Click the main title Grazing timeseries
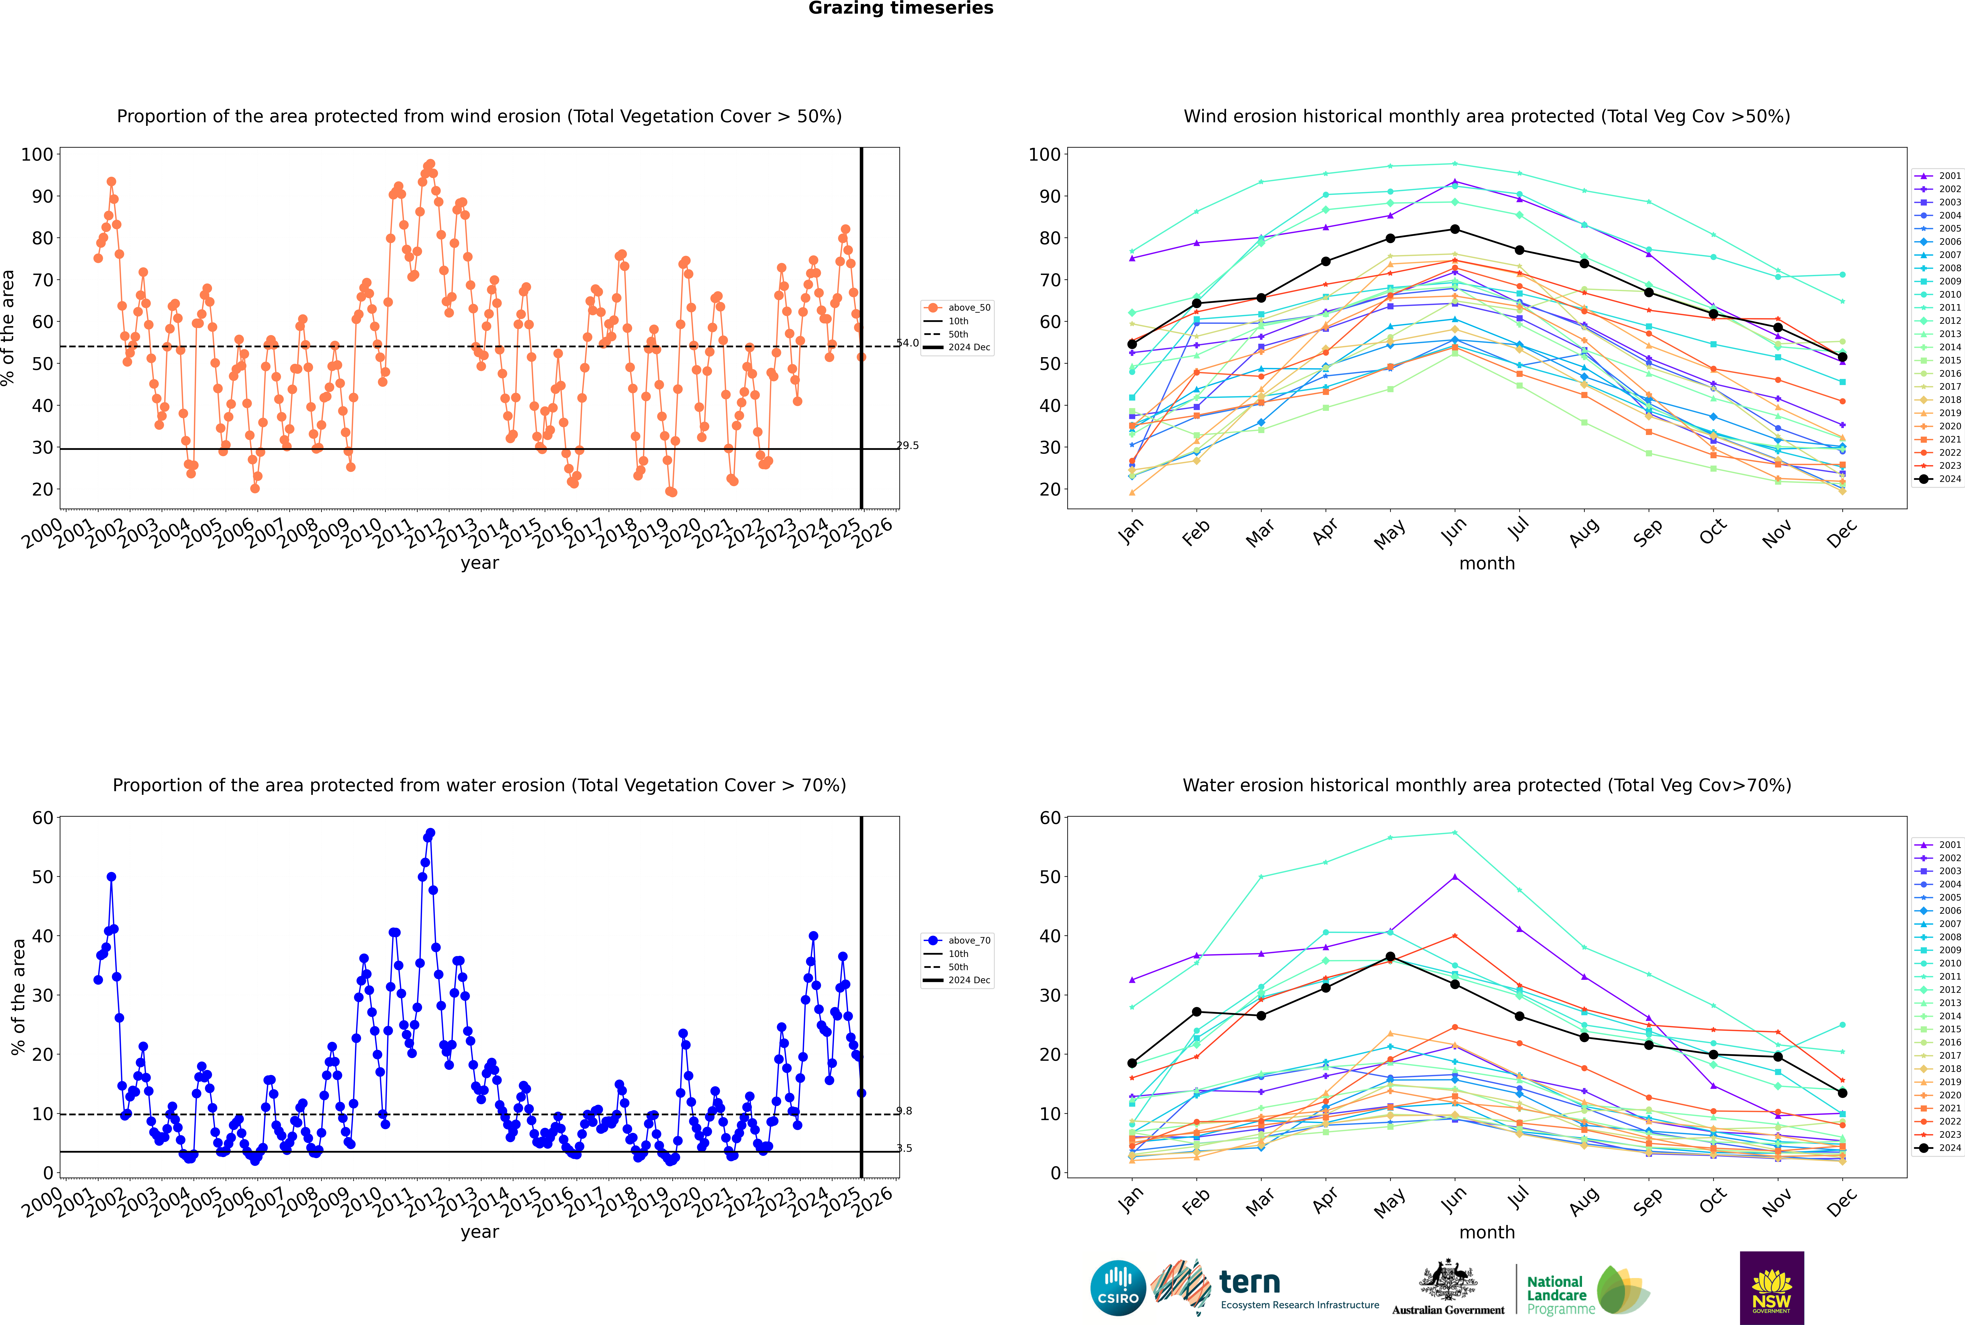click(901, 8)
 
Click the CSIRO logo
click(1118, 1288)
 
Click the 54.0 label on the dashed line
click(907, 343)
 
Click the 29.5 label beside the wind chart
click(907, 445)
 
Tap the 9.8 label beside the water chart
click(904, 1111)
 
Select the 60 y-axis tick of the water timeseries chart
click(42, 818)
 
